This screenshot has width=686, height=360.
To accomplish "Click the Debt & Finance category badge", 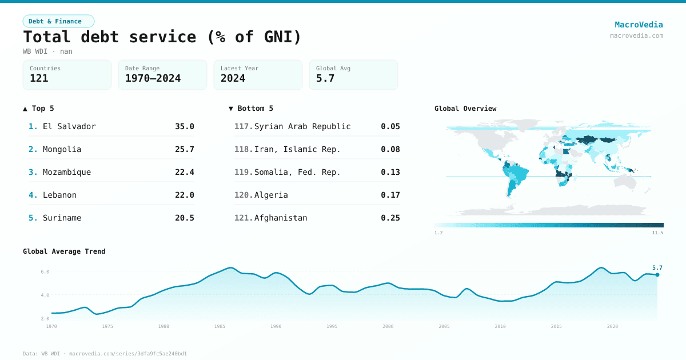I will pyautogui.click(x=58, y=21).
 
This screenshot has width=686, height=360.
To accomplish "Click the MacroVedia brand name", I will pyautogui.click(x=639, y=25).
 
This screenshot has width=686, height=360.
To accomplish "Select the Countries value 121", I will pyautogui.click(x=39, y=78).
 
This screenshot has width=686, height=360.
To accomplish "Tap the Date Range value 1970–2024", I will pyautogui.click(x=153, y=78).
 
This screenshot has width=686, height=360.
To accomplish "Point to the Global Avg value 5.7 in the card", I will pyautogui.click(x=325, y=78).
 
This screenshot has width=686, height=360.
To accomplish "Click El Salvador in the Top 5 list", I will pyautogui.click(x=69, y=126).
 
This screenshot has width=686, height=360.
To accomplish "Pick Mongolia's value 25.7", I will pyautogui.click(x=184, y=149).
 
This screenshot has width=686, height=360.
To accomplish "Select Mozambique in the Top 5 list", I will pyautogui.click(x=67, y=172).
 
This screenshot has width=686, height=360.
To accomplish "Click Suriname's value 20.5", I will pyautogui.click(x=184, y=218).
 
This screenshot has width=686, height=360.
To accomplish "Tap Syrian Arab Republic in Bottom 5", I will pyautogui.click(x=302, y=126).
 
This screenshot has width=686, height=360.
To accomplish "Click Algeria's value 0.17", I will pyautogui.click(x=390, y=195).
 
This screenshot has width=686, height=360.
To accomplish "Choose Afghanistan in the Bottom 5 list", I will pyautogui.click(x=281, y=218).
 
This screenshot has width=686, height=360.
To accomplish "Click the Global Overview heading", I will pyautogui.click(x=465, y=109).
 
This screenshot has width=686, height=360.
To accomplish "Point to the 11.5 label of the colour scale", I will pyautogui.click(x=657, y=233).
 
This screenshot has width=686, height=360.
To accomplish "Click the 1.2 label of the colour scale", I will pyautogui.click(x=438, y=233).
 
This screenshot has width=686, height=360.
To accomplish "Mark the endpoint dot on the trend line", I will pyautogui.click(x=657, y=275).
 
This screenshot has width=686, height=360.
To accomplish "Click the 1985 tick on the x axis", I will pyautogui.click(x=220, y=326).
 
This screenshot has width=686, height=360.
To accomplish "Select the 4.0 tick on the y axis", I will pyautogui.click(x=45, y=295).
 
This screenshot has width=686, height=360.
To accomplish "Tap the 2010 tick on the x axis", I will pyautogui.click(x=500, y=326).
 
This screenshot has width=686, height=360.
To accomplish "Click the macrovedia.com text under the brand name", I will pyautogui.click(x=636, y=35).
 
